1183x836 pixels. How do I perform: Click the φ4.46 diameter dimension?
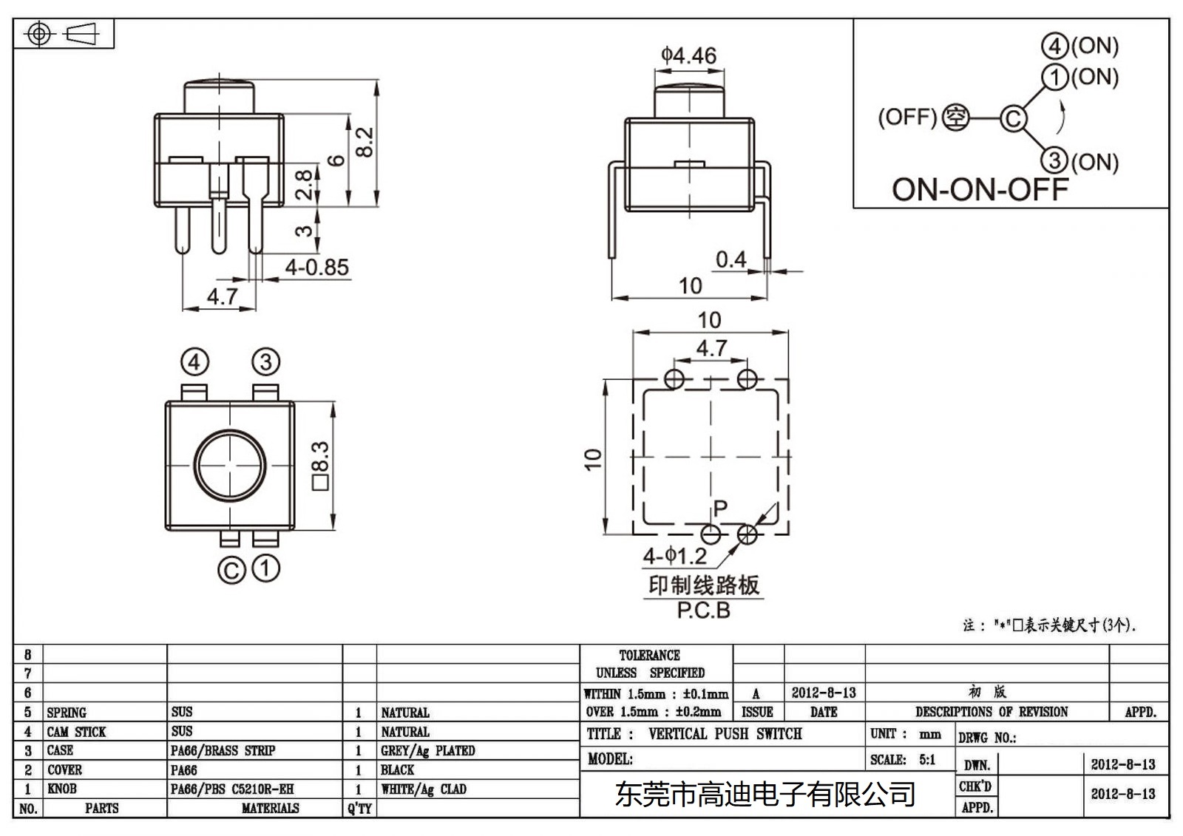[x=688, y=56]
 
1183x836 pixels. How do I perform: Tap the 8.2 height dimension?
[x=365, y=141]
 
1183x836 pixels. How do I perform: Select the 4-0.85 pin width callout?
[x=316, y=268]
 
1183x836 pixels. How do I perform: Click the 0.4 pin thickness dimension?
[x=731, y=259]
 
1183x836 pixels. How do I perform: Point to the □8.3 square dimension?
[x=320, y=466]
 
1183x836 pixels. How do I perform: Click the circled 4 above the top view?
[x=194, y=362]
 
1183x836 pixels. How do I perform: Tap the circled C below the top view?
[x=231, y=571]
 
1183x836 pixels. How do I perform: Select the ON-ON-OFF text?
[x=980, y=190]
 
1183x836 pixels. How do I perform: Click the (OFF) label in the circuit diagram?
[x=907, y=118]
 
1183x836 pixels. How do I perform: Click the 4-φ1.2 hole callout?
[x=674, y=556]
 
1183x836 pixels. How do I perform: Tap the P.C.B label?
[x=703, y=611]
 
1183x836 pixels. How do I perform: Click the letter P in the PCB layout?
[x=720, y=508]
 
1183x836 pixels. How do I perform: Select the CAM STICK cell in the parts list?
[x=76, y=732]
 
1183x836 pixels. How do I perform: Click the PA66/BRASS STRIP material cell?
[x=223, y=751]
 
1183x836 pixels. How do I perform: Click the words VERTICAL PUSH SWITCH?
[x=725, y=734]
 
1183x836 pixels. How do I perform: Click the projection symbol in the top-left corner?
[x=64, y=34]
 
